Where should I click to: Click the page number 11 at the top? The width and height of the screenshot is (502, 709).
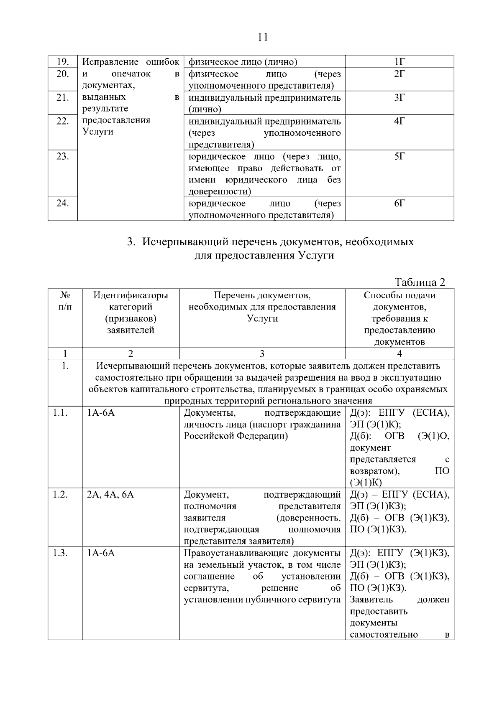tap(263, 37)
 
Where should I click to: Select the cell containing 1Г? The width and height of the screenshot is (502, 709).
tap(400, 62)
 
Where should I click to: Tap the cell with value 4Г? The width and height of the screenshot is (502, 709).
tap(400, 121)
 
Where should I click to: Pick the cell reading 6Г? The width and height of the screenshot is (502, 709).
tap(400, 203)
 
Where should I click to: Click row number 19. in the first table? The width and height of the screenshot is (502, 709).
tap(62, 62)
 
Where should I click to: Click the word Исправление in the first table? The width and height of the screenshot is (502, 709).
tap(110, 62)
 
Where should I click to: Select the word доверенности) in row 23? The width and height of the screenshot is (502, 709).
tap(220, 192)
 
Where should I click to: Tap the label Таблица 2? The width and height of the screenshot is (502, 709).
tap(420, 282)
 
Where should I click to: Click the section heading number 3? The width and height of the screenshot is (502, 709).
tap(130, 242)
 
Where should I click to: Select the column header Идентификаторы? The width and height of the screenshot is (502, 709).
tap(131, 295)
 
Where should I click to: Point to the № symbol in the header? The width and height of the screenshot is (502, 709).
tap(64, 295)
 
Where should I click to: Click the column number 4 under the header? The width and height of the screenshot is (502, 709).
tap(400, 353)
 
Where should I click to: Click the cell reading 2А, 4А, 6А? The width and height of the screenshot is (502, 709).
tap(110, 495)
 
